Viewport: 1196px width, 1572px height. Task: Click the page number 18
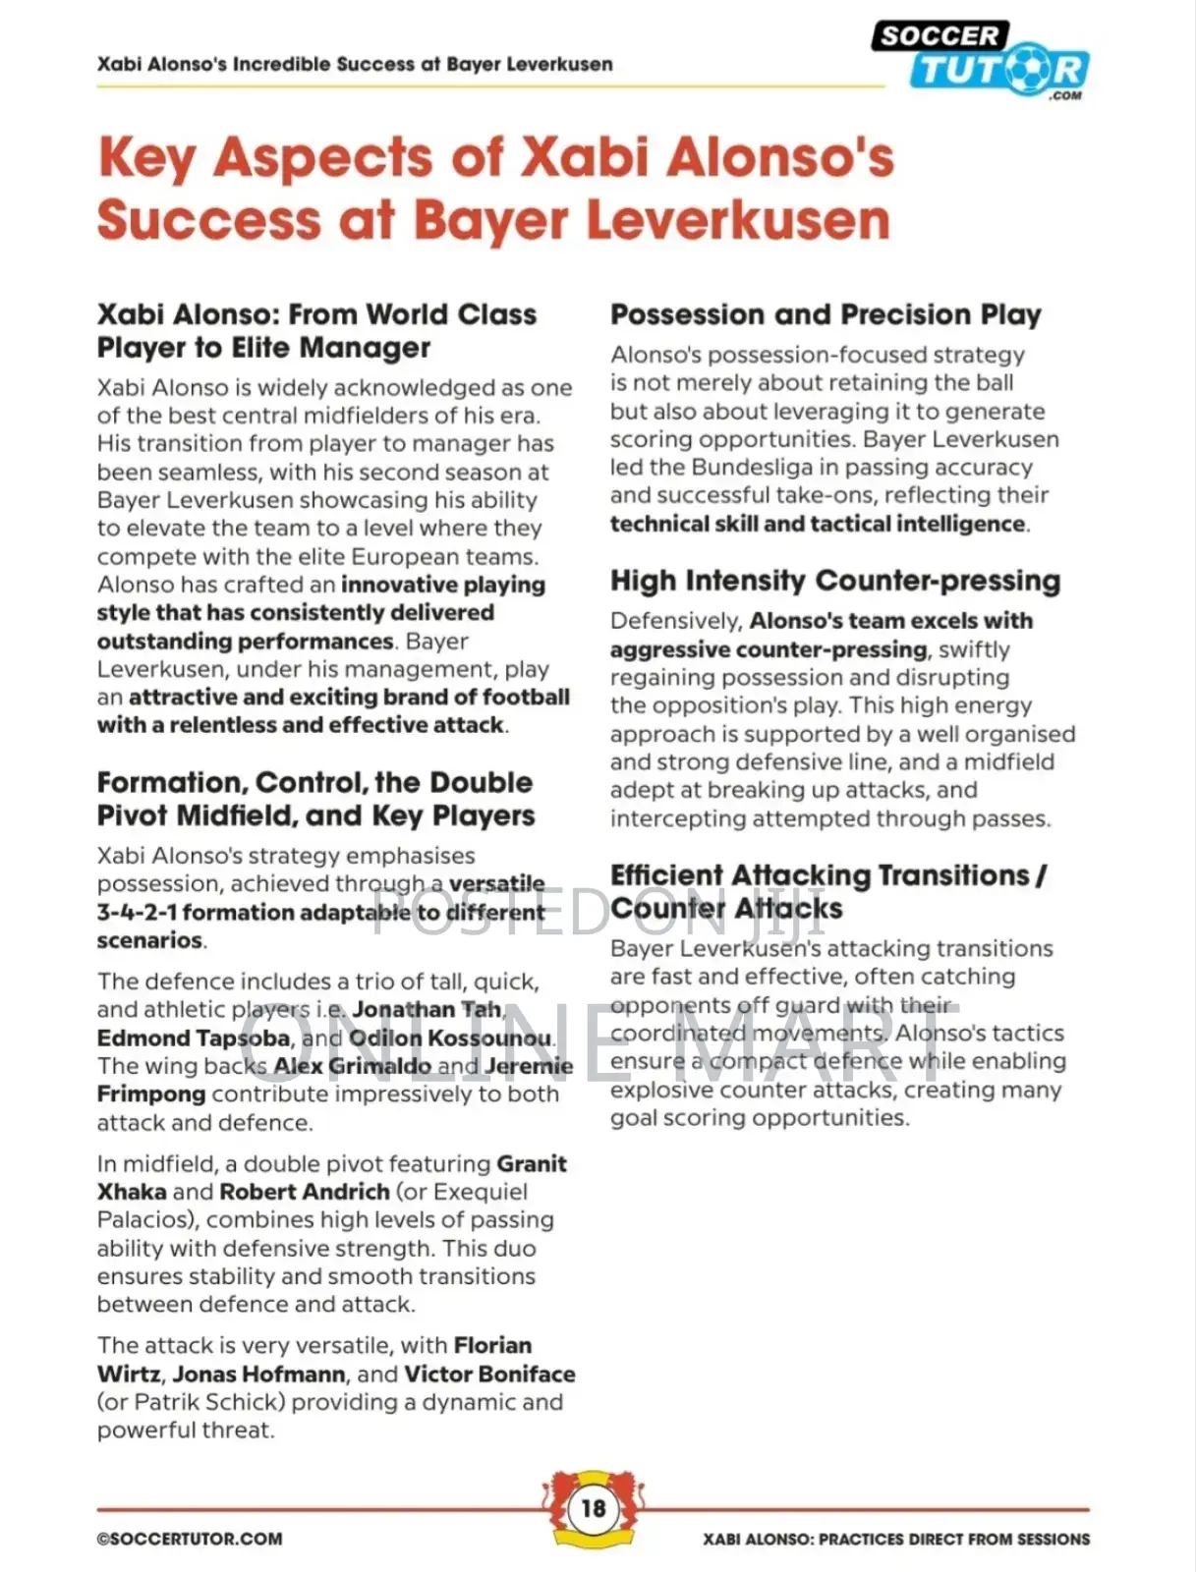[x=594, y=1508]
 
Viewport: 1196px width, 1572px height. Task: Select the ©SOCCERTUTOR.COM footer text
[x=190, y=1539]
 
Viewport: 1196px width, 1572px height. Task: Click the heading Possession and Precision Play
[x=826, y=314]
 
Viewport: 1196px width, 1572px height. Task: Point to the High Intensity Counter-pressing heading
[x=835, y=581]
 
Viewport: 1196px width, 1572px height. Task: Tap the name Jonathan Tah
[x=427, y=1009]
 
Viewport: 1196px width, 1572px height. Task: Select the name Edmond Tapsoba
[x=194, y=1038]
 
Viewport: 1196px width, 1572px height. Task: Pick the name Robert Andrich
[x=305, y=1192]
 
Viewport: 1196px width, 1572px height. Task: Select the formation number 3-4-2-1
[x=137, y=912]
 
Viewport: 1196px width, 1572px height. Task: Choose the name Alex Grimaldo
[x=352, y=1066]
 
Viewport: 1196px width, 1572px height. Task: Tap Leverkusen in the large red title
[x=738, y=220]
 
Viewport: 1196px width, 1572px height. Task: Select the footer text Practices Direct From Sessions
[x=954, y=1539]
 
